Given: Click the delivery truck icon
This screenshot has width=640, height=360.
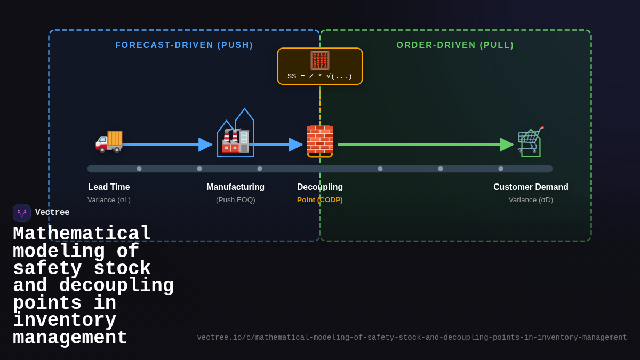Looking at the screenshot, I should point(109,141).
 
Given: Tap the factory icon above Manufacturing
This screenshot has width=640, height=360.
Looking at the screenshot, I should point(235,140).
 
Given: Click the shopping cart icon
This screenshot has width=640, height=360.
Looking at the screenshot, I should point(530,140).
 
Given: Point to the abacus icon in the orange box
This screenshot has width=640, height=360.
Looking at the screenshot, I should point(320,60).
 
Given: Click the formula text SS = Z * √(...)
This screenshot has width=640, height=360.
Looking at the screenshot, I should point(320,76).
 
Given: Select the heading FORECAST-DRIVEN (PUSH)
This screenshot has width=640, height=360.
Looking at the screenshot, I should point(184,45).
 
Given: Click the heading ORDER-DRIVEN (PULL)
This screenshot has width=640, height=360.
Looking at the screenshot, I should point(455,45).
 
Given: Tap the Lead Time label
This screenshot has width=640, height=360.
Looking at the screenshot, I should point(109,187).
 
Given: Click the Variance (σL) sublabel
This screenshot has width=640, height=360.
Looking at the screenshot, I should point(109,200).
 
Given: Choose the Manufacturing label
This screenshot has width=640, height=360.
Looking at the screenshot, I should point(235,187).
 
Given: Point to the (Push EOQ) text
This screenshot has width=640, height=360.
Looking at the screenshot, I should point(235,200).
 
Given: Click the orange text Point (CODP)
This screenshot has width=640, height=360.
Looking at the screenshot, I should point(320,200).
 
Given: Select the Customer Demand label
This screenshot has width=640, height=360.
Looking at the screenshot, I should point(531,187).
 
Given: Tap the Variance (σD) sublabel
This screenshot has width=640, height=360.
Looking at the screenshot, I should point(531,200).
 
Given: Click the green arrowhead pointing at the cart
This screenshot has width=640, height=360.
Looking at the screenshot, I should point(506,145).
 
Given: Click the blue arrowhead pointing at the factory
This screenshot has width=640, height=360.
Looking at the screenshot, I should point(205,145).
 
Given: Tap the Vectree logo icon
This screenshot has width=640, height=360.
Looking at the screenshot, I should point(22,213).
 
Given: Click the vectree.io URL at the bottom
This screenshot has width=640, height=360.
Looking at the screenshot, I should point(412,338).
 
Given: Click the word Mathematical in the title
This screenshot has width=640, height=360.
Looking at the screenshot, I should point(82,234).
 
